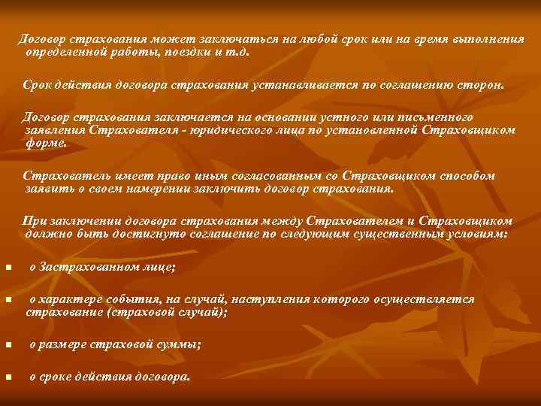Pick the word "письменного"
click(x=434, y=117)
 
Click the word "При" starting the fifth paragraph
click(x=34, y=221)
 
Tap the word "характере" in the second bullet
click(x=68, y=299)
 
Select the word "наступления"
click(x=255, y=299)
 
